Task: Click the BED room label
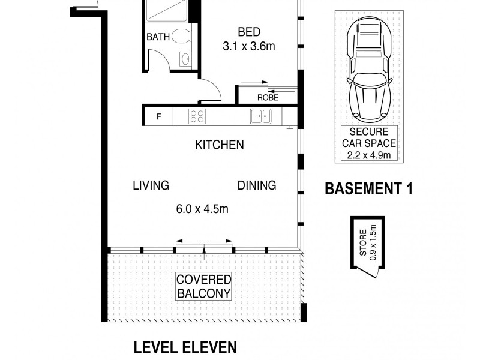(x=249, y=32)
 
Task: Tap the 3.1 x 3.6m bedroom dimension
(x=249, y=46)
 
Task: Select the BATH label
(x=158, y=37)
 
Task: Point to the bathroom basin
(x=186, y=59)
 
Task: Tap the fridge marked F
(x=158, y=116)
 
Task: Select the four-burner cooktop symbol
(x=197, y=115)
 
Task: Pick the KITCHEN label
(x=219, y=145)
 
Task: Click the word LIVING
(x=151, y=185)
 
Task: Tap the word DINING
(x=256, y=185)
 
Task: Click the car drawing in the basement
(x=367, y=67)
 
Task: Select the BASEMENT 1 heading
(x=368, y=188)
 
